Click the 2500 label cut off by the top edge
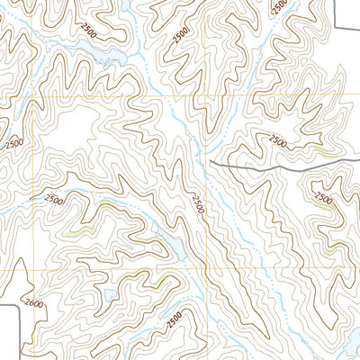click(279, 6)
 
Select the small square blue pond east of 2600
click(107, 294)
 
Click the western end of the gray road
click(210, 161)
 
